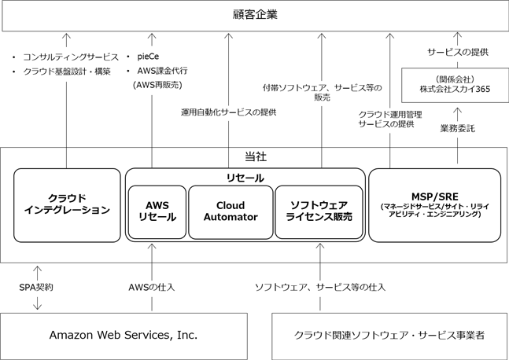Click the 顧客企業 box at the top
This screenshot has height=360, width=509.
pyautogui.click(x=255, y=16)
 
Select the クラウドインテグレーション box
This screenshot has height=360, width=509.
pyautogui.click(x=67, y=205)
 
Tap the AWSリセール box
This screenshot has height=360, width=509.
pyautogui.click(x=157, y=212)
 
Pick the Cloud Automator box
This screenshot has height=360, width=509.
pyautogui.click(x=231, y=212)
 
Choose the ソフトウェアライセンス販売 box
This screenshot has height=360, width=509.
pyautogui.click(x=319, y=212)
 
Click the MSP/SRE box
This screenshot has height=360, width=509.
pyautogui.click(x=435, y=205)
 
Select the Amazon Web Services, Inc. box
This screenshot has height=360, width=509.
pyautogui.click(x=124, y=336)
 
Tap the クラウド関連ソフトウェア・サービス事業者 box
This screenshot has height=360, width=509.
pyautogui.click(x=389, y=336)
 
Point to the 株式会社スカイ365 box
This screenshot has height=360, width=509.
pyautogui.click(x=456, y=85)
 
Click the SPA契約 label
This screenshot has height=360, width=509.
pyautogui.click(x=36, y=287)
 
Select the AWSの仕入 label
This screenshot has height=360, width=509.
pyautogui.click(x=152, y=287)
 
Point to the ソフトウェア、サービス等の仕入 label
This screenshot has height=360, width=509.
pyautogui.click(x=320, y=287)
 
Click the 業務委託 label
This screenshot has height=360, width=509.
pyautogui.click(x=457, y=129)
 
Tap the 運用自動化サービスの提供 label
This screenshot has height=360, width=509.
pyautogui.click(x=228, y=112)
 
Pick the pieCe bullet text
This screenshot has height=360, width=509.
pyautogui.click(x=148, y=57)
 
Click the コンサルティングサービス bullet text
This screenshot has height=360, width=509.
pyautogui.click(x=71, y=57)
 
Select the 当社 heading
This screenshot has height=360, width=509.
pyautogui.click(x=256, y=156)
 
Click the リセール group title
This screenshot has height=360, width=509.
pyautogui.click(x=245, y=178)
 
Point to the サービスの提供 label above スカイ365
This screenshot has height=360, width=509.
pyautogui.click(x=458, y=52)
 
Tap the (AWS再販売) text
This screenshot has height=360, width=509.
pyautogui.click(x=157, y=85)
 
